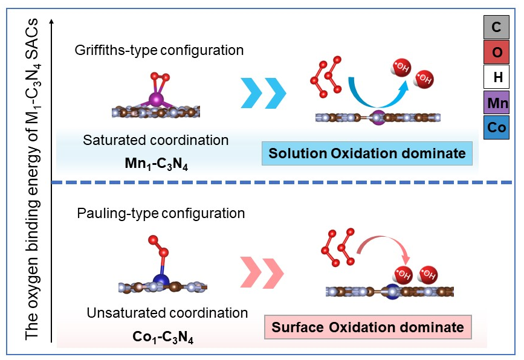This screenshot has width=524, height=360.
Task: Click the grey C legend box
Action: click(x=497, y=27)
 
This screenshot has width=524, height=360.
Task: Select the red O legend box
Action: click(x=497, y=53)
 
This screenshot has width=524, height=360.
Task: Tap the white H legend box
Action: click(x=497, y=78)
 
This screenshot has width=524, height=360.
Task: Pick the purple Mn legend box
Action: click(x=497, y=103)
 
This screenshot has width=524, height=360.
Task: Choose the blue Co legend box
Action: click(x=497, y=128)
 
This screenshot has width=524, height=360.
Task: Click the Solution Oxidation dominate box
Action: click(x=367, y=154)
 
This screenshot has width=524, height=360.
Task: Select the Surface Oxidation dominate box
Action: click(x=367, y=327)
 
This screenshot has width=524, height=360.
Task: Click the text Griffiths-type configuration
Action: click(x=160, y=50)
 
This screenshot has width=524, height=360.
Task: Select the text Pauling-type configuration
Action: click(x=161, y=213)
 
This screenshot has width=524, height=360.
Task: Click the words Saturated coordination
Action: click(x=156, y=141)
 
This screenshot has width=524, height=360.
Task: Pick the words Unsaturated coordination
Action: click(x=167, y=313)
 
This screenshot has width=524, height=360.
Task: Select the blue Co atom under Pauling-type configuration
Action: click(x=161, y=280)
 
